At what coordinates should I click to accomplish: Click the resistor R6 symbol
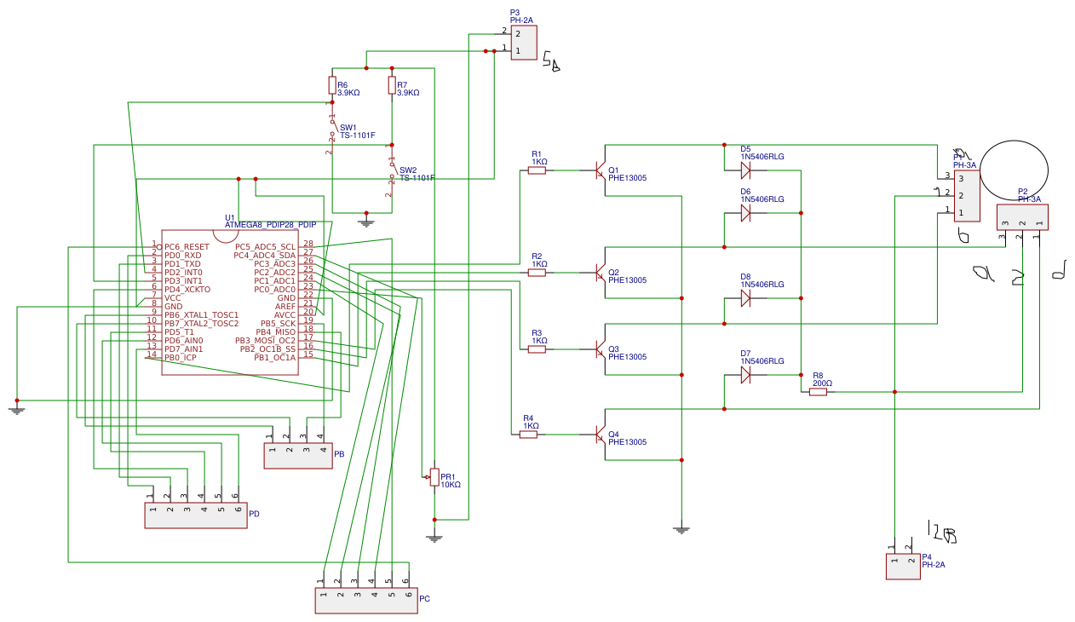pyautogui.click(x=332, y=85)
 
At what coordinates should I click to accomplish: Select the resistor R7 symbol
pyautogui.click(x=392, y=85)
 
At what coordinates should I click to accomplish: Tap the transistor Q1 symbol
pyautogui.click(x=600, y=170)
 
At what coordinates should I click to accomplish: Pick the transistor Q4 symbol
pyautogui.click(x=600, y=435)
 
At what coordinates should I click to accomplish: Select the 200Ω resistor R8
pyautogui.click(x=818, y=392)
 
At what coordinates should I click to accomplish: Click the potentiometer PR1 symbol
pyautogui.click(x=434, y=477)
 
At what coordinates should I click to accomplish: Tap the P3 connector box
pyautogui.click(x=524, y=43)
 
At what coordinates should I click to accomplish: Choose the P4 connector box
pyautogui.click(x=903, y=567)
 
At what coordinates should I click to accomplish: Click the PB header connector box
pyautogui.click(x=298, y=457)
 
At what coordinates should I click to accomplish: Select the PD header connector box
pyautogui.click(x=196, y=515)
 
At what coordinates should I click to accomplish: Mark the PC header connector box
pyautogui.click(x=366, y=601)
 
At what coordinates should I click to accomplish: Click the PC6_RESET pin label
pyautogui.click(x=187, y=247)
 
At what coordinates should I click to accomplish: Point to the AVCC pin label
pyautogui.click(x=285, y=315)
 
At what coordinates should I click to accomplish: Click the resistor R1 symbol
pyautogui.click(x=537, y=170)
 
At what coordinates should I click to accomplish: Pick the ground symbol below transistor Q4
pyautogui.click(x=681, y=529)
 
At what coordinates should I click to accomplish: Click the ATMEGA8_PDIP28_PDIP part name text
pyautogui.click(x=270, y=225)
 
